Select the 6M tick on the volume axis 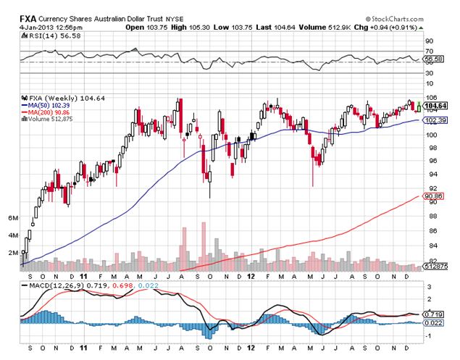tap(12, 217)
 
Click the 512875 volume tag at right tap(434, 267)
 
